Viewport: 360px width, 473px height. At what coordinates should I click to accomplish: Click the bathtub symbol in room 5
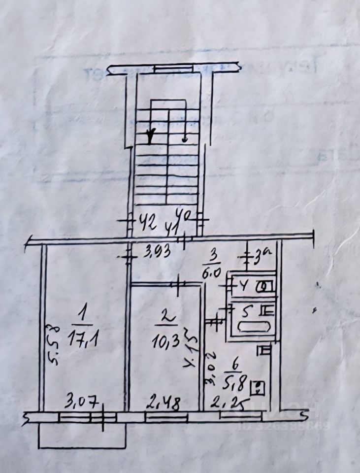254,327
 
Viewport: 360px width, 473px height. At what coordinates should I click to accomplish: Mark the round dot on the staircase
185,140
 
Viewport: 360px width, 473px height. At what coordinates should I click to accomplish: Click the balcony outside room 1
82,436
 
